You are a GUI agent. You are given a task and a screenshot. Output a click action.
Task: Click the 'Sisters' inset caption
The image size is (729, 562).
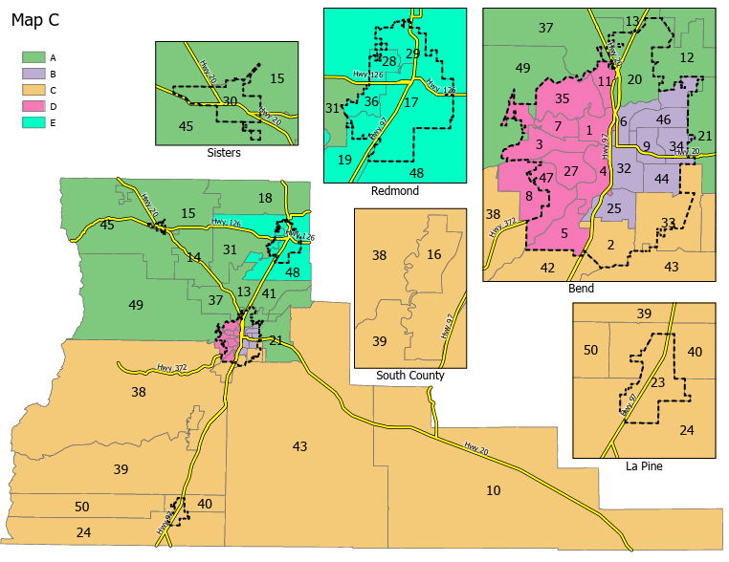point(223,152)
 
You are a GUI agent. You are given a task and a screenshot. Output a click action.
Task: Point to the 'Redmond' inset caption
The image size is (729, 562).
point(394,190)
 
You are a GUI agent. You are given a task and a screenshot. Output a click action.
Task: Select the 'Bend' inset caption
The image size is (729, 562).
point(580,288)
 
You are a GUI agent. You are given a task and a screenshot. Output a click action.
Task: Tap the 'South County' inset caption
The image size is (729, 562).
point(410,375)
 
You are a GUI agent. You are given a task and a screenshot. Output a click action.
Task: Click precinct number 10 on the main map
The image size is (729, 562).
point(493,490)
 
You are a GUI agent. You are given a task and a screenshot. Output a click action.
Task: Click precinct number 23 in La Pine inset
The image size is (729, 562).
point(657,382)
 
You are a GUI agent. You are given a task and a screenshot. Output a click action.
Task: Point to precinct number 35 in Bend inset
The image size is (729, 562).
point(563,97)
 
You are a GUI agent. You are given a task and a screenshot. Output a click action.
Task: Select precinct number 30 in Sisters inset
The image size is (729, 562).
point(230,100)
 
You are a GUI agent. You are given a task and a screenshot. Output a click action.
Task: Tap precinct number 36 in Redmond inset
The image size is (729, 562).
point(372,101)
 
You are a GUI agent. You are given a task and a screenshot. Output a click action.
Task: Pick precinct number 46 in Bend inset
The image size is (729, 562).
point(663,119)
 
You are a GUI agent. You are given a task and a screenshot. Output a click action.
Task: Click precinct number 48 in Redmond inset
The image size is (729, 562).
point(416,173)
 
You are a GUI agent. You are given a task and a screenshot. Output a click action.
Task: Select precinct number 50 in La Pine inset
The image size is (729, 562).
point(590,351)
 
